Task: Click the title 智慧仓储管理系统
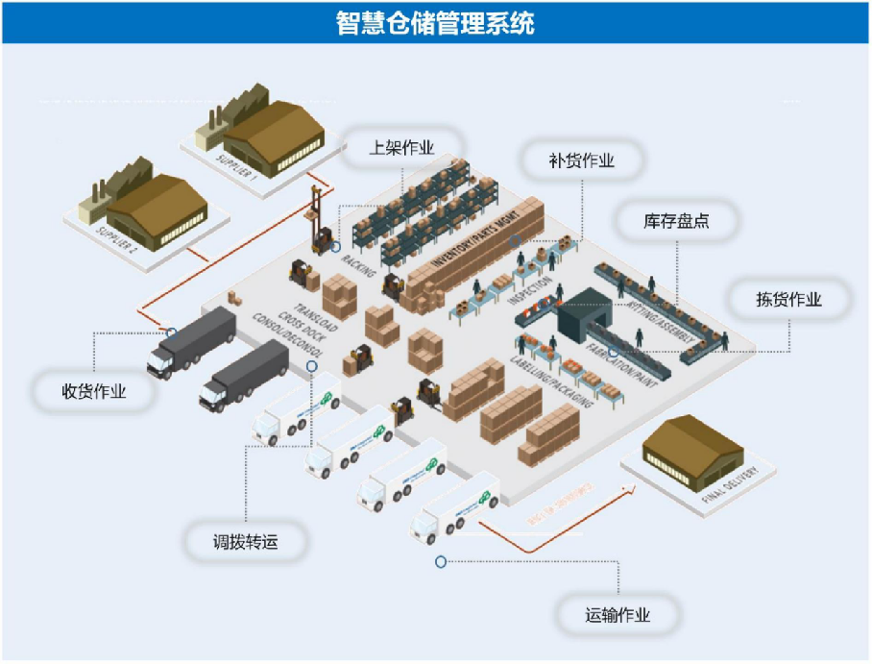tap(435, 21)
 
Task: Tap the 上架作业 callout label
tap(402, 148)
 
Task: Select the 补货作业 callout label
tap(581, 160)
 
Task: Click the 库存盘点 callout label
tap(676, 221)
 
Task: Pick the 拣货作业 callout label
tap(788, 299)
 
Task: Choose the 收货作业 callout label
tap(93, 392)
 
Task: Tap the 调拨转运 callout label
tap(246, 542)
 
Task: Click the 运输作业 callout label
tap(618, 615)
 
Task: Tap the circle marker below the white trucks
tap(441, 561)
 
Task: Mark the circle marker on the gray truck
tap(172, 332)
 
